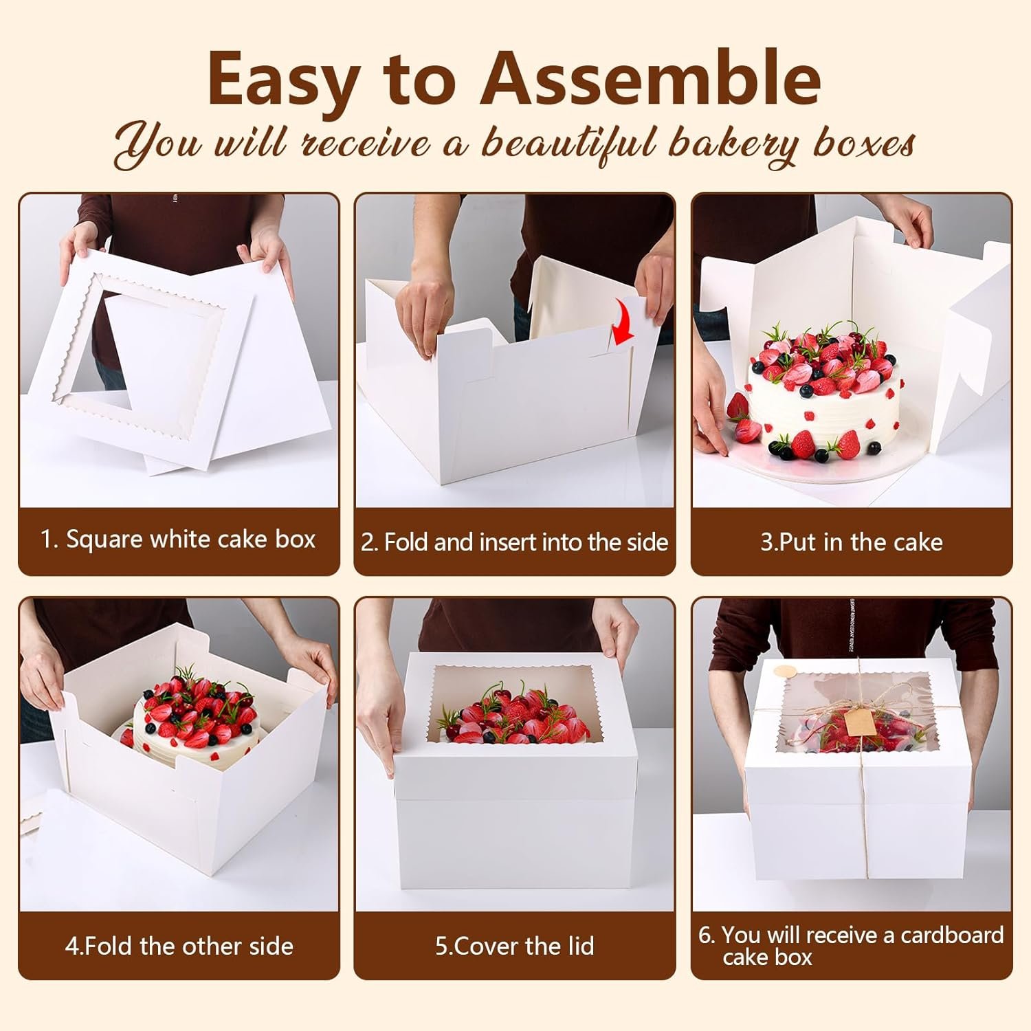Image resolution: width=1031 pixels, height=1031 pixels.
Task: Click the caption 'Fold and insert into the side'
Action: [515, 542]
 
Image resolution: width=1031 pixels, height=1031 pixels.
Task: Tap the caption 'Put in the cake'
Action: [852, 542]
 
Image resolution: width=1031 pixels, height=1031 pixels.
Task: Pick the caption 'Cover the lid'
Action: [515, 946]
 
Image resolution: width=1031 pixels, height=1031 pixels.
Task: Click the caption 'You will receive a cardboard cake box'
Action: [852, 946]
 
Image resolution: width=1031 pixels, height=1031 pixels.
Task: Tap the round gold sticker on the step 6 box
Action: [782, 669]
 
